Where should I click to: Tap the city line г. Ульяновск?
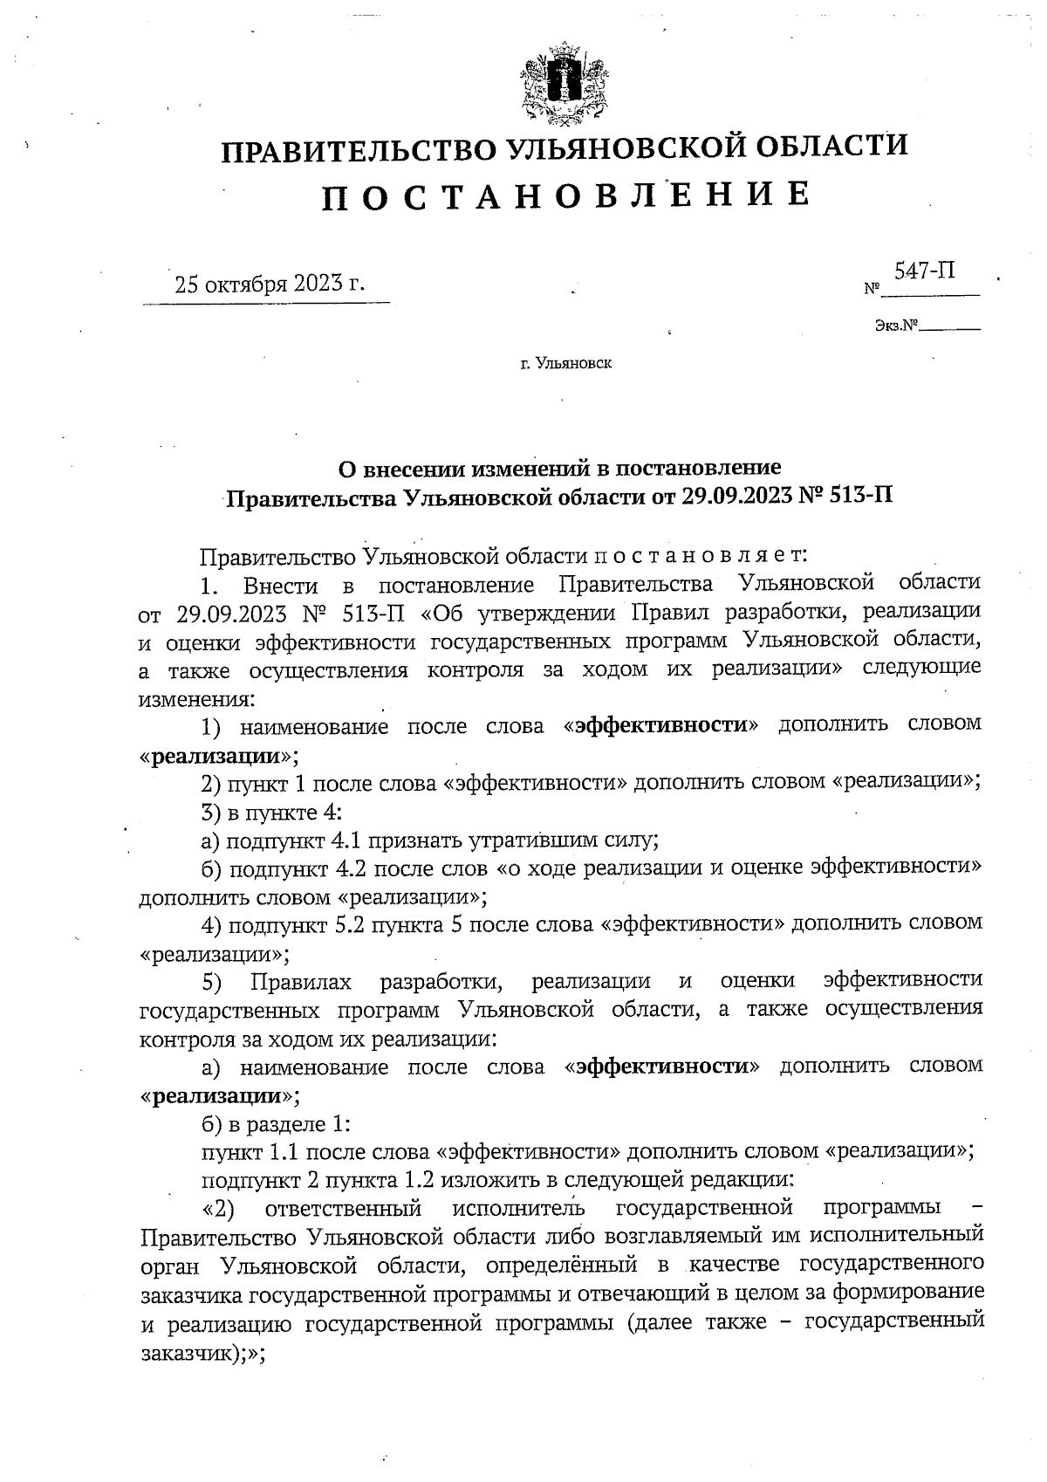(x=566, y=362)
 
